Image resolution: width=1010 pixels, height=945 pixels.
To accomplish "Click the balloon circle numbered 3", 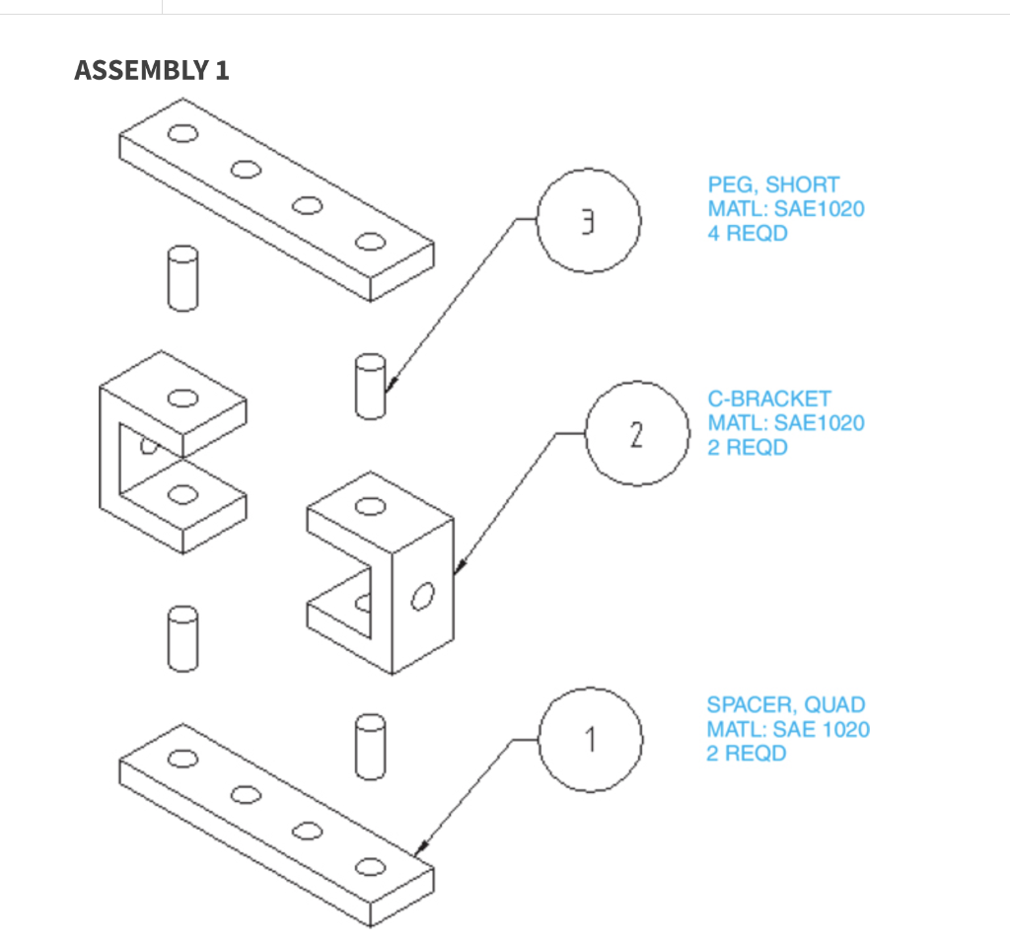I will (x=589, y=220).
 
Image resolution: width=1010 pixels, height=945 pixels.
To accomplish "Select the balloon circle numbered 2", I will (x=637, y=433).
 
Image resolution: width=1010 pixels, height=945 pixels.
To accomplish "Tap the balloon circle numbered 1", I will (x=591, y=740).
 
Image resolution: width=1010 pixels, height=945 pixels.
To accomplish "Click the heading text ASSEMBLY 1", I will (x=151, y=70).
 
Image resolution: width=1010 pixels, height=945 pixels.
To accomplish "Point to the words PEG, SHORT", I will (x=773, y=184).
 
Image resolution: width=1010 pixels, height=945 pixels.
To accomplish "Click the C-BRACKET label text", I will (x=769, y=399).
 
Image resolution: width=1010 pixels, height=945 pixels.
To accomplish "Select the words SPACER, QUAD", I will (x=785, y=704).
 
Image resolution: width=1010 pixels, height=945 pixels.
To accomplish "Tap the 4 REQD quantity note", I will (x=747, y=234).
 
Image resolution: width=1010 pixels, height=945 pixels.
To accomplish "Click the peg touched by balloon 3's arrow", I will (x=370, y=386).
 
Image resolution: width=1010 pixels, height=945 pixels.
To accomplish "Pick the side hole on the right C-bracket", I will (x=423, y=596).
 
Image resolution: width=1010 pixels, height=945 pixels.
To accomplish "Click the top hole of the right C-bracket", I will (x=370, y=506).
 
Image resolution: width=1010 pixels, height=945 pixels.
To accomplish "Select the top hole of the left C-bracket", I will (x=181, y=398).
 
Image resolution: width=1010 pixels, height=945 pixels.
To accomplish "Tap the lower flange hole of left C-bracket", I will (x=181, y=494).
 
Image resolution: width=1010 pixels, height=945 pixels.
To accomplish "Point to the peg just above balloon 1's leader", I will (x=368, y=744).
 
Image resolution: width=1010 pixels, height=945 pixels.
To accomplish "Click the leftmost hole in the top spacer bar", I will (x=182, y=134).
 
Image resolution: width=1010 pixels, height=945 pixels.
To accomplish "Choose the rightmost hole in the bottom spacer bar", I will (x=369, y=867).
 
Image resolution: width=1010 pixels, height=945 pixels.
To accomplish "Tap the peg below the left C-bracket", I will (x=181, y=638).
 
